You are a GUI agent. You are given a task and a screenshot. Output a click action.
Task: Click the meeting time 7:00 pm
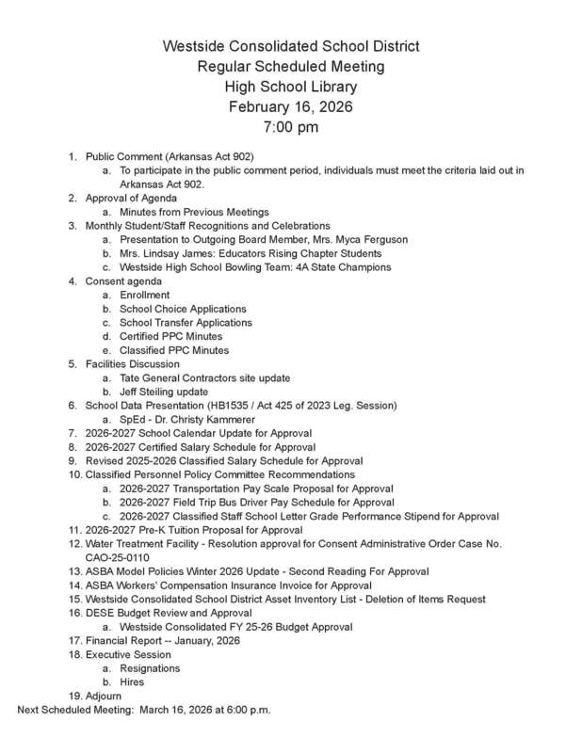tap(290, 126)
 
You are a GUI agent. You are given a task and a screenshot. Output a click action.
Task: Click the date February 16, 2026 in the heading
tap(290, 106)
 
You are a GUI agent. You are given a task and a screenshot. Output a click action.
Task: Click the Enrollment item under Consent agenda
tap(144, 296)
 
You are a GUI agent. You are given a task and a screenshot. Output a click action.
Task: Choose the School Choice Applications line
tap(183, 309)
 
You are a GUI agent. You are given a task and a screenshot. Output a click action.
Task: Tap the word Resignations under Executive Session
tap(150, 668)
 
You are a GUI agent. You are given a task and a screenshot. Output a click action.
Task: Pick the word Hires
tap(132, 682)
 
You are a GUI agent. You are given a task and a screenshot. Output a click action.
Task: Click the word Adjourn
tap(103, 697)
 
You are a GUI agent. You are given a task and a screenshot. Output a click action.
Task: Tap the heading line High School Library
tap(290, 87)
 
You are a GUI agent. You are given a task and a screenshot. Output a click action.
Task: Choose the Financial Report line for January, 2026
tap(162, 641)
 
